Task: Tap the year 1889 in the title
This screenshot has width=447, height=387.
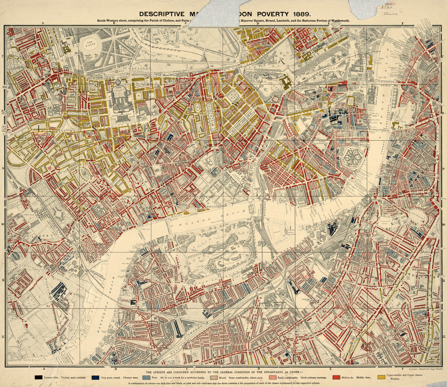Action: click(x=304, y=13)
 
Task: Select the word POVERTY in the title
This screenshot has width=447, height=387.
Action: click(x=274, y=13)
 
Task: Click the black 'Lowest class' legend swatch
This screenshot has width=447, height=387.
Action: click(x=38, y=377)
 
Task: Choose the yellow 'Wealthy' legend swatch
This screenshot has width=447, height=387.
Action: click(x=381, y=377)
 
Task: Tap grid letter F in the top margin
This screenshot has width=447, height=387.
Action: click(x=402, y=23)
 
